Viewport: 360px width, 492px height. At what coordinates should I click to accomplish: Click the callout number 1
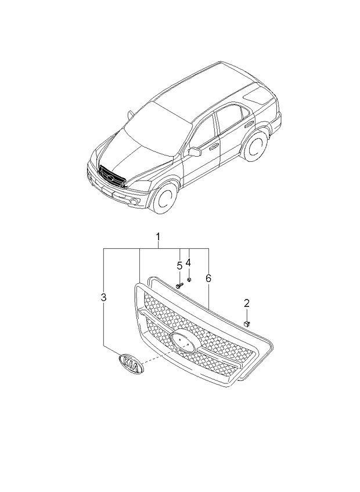[157, 237]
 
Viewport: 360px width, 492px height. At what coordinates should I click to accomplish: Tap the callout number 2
[246, 303]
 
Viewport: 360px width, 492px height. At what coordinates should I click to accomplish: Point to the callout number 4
[188, 262]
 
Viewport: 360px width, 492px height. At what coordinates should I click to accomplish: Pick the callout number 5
[179, 266]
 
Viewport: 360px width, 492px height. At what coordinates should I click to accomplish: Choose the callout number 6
[208, 278]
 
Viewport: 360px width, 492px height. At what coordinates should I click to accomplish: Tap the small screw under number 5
[179, 285]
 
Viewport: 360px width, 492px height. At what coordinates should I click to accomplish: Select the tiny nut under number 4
[189, 280]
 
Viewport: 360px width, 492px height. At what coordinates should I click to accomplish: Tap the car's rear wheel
[256, 146]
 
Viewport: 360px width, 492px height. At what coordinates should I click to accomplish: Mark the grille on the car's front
[112, 175]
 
